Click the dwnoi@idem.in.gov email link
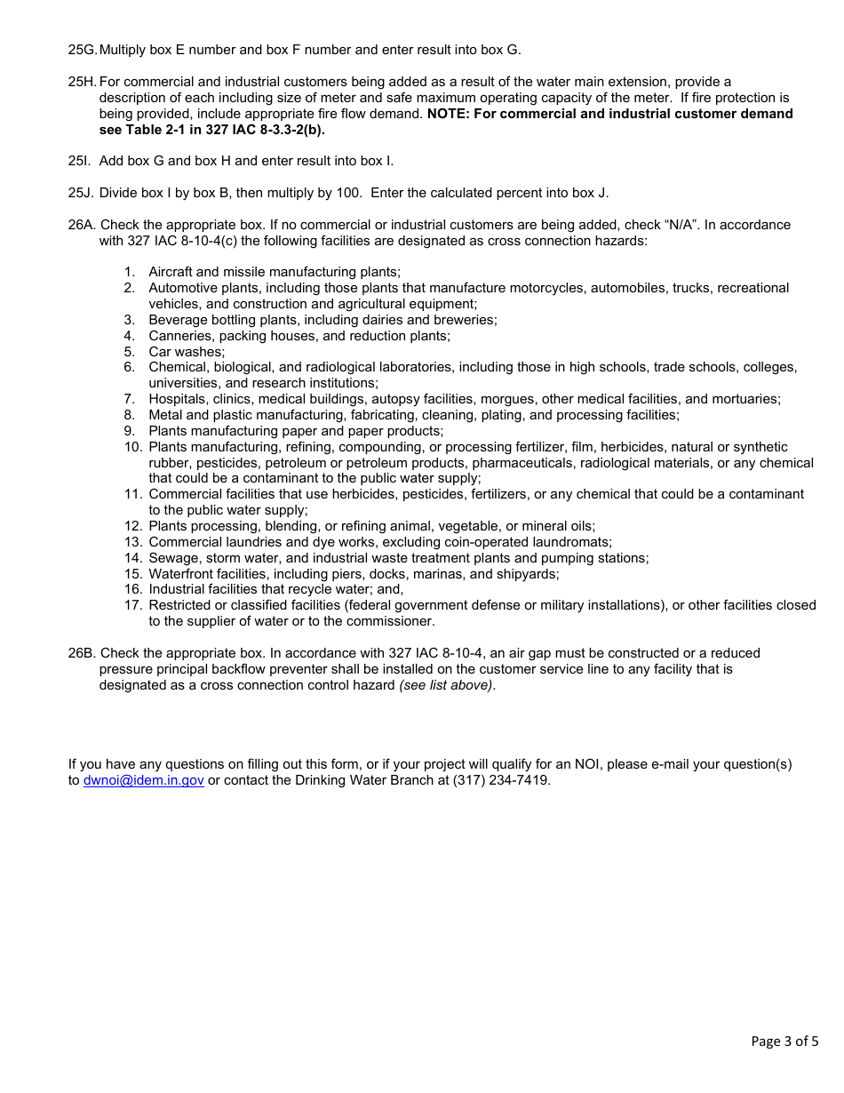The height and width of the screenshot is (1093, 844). [x=143, y=780]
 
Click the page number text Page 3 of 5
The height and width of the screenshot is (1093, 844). [x=784, y=1041]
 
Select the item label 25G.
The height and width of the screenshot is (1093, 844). [x=82, y=50]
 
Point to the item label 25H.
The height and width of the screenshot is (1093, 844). [x=82, y=82]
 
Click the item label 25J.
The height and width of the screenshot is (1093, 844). [x=81, y=193]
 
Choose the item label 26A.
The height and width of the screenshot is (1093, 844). [x=82, y=225]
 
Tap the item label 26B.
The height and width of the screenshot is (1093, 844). [x=82, y=653]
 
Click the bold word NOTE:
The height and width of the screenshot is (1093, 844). [x=450, y=114]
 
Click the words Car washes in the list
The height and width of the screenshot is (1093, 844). [x=186, y=352]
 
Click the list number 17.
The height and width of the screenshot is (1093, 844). [x=133, y=605]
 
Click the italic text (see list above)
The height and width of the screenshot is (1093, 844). [x=447, y=685]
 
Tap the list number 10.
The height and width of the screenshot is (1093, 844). [x=133, y=447]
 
